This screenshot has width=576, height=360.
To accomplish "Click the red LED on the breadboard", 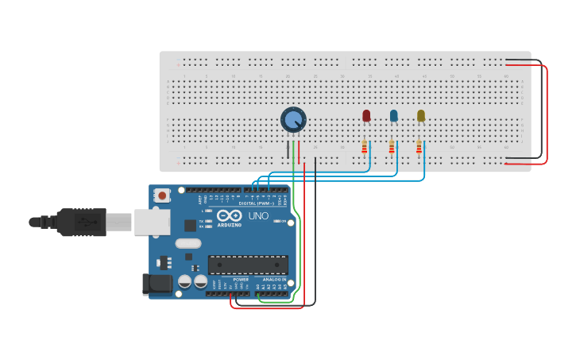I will [366, 116].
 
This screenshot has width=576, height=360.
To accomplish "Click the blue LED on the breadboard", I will [393, 116].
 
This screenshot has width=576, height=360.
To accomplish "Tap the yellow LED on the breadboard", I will [421, 116].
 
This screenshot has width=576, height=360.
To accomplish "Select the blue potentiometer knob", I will [293, 120].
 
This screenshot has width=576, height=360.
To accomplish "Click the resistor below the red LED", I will [365, 147].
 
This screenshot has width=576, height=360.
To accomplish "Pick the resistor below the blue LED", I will [392, 147].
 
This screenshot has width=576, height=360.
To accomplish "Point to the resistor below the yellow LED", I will [419, 147].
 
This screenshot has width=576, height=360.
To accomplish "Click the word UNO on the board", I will [258, 216].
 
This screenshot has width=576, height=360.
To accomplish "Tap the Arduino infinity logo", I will [229, 215].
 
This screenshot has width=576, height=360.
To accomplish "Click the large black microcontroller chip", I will [248, 265].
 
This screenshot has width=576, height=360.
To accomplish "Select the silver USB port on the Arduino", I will [152, 222].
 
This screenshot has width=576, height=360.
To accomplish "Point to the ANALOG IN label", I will [274, 280].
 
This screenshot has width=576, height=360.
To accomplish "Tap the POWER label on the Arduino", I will [241, 280].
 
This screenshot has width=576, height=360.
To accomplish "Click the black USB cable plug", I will [80, 222].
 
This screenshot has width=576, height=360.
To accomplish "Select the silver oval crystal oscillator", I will [188, 244].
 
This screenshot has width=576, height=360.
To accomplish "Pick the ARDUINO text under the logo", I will [230, 224].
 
